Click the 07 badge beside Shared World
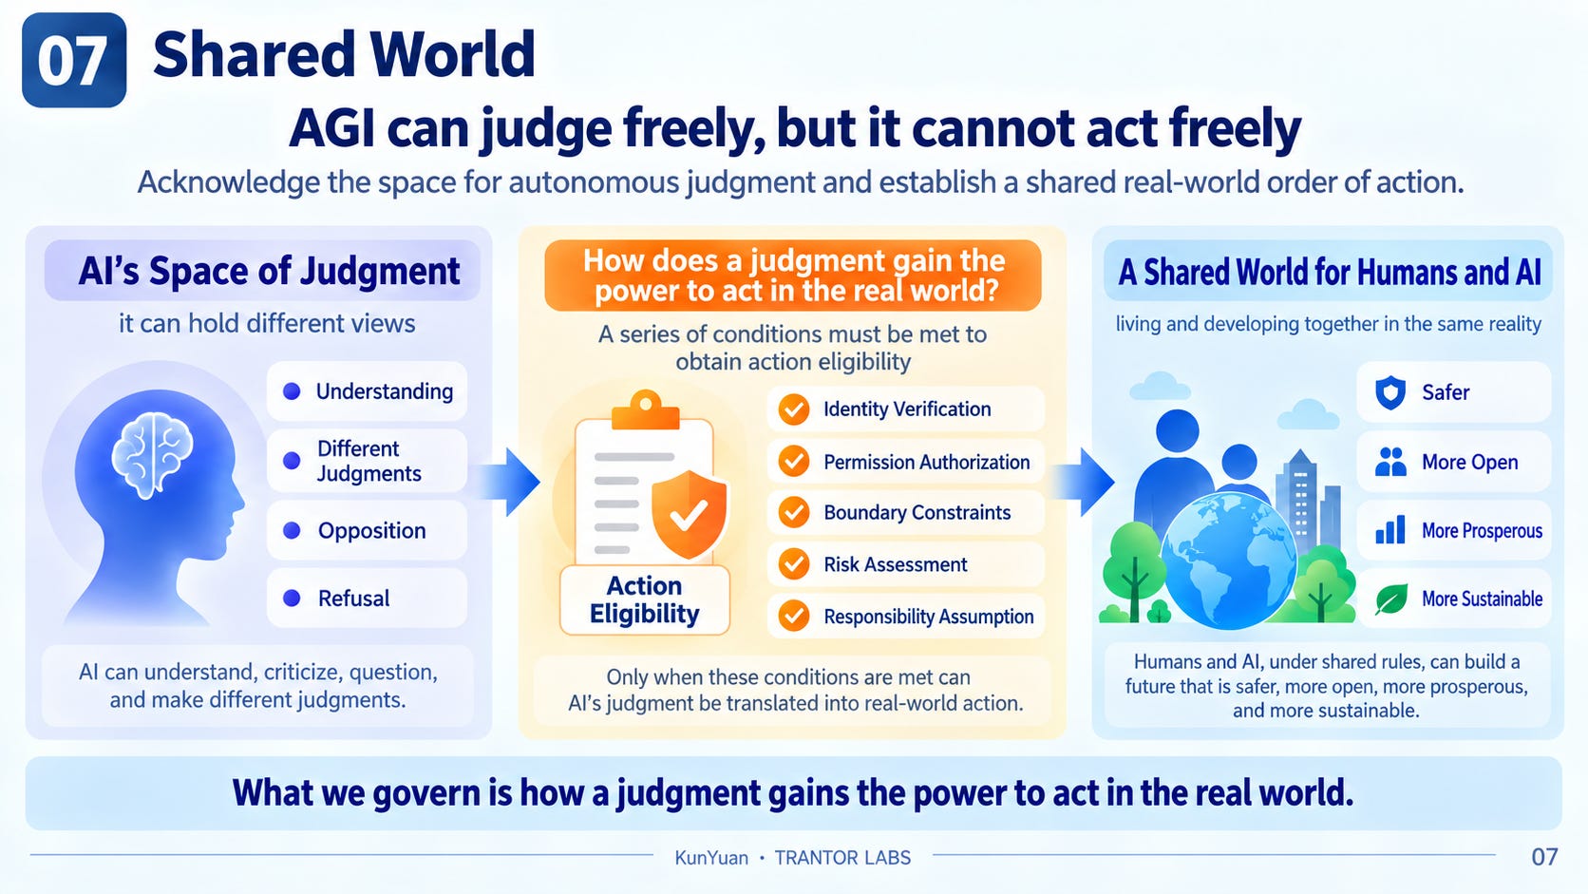pyautogui.click(x=74, y=60)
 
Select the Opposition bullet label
pyautogui.click(x=371, y=530)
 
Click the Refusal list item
pyautogui.click(x=368, y=599)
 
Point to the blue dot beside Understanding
pyautogui.click(x=292, y=391)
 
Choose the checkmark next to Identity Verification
pyautogui.click(x=794, y=409)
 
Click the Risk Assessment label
pyautogui.click(x=896, y=564)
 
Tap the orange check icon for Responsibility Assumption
pyautogui.click(x=794, y=616)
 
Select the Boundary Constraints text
pyautogui.click(x=917, y=513)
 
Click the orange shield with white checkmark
pyautogui.click(x=690, y=514)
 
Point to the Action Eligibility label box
pyautogui.click(x=645, y=599)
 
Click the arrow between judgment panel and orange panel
pyautogui.click(x=509, y=482)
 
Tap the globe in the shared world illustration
pyautogui.click(x=1229, y=561)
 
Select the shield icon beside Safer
pyautogui.click(x=1390, y=392)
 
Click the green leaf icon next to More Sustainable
pyautogui.click(x=1390, y=599)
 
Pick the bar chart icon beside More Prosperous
pyautogui.click(x=1390, y=530)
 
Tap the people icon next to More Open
pyautogui.click(x=1390, y=462)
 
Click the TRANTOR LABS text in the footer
pyautogui.click(x=842, y=858)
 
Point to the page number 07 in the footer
pyautogui.click(x=1544, y=857)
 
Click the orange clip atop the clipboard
pyautogui.click(x=645, y=409)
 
